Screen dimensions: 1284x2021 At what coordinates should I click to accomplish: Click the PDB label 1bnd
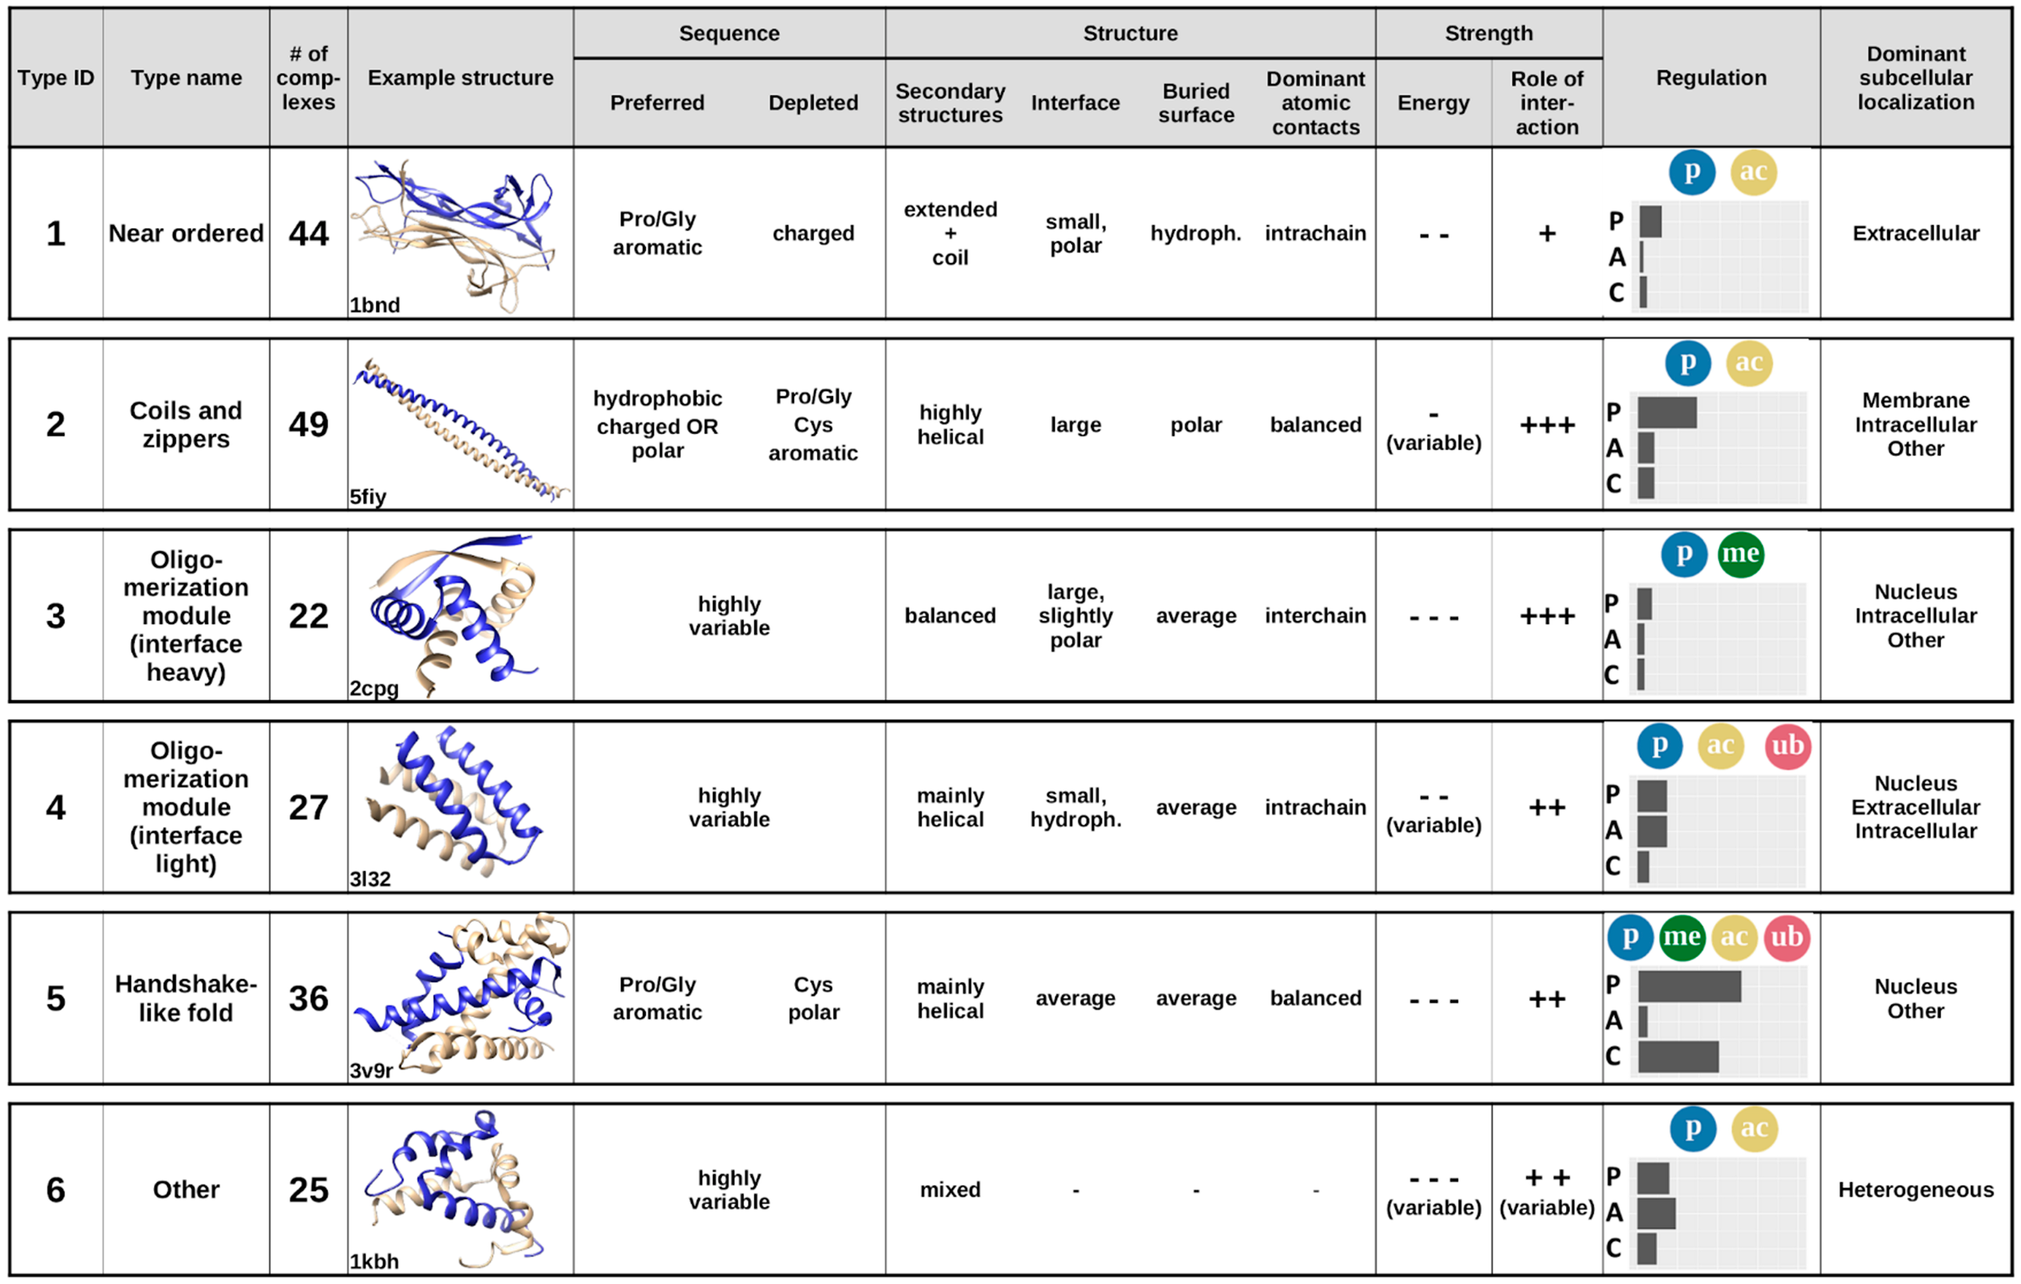[374, 305]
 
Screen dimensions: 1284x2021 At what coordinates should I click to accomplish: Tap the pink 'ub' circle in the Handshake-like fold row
[1787, 937]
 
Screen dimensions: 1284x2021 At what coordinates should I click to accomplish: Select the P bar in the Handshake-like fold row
[1689, 986]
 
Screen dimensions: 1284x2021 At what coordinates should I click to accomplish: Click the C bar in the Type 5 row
[1678, 1057]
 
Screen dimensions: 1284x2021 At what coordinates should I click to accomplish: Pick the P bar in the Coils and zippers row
[1666, 412]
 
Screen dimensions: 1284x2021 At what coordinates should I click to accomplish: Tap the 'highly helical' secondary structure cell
[950, 425]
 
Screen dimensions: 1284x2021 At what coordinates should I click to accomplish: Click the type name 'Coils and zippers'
[186, 425]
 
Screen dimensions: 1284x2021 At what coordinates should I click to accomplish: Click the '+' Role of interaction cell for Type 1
[1547, 233]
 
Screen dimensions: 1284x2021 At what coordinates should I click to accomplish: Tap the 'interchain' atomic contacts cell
[1315, 616]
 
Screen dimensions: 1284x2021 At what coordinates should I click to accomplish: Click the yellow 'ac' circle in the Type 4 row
[1721, 745]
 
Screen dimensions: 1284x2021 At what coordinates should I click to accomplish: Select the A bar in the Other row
[1656, 1212]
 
